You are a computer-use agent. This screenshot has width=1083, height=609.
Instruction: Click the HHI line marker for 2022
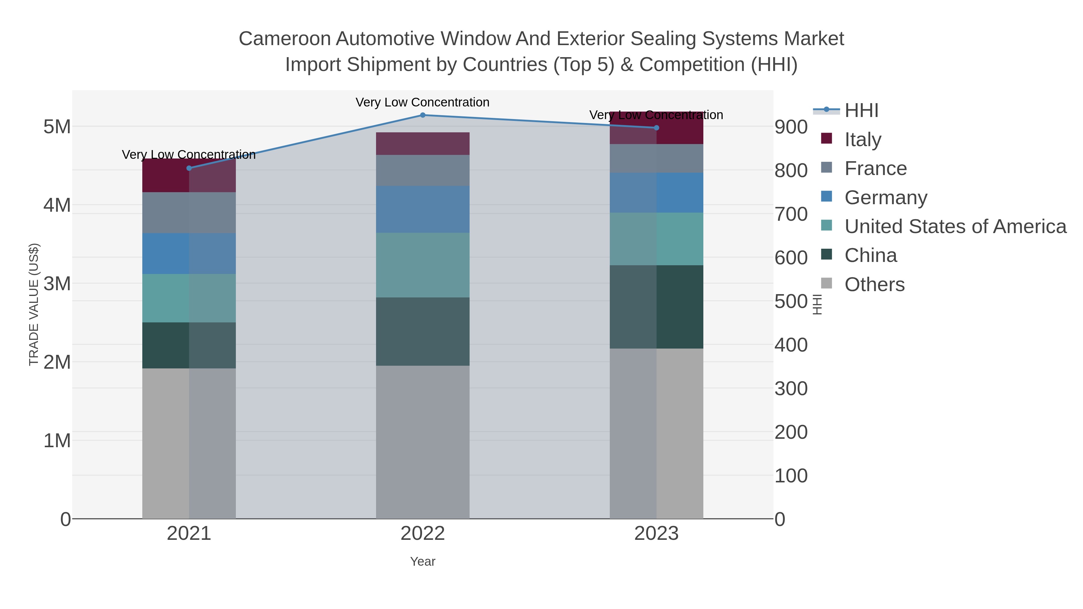coord(423,115)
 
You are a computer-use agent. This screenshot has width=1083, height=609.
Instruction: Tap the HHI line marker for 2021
coord(189,168)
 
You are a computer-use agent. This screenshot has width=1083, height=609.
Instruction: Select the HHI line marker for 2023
coord(656,128)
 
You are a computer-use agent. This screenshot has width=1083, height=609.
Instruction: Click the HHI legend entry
coord(861,111)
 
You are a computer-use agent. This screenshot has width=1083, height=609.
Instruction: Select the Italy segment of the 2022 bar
coord(423,144)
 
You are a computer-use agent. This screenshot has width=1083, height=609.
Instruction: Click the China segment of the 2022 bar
coord(423,332)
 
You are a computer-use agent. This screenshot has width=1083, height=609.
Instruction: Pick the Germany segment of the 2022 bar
coord(423,209)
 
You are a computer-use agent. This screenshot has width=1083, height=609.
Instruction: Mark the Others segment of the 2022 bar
coord(423,441)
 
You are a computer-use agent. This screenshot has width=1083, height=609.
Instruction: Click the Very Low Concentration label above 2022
coord(423,103)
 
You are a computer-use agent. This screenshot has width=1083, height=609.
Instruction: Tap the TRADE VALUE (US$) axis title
coord(34,304)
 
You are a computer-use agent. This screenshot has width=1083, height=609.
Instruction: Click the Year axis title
coord(423,561)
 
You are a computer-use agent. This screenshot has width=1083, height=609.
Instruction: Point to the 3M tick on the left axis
coord(57,284)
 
